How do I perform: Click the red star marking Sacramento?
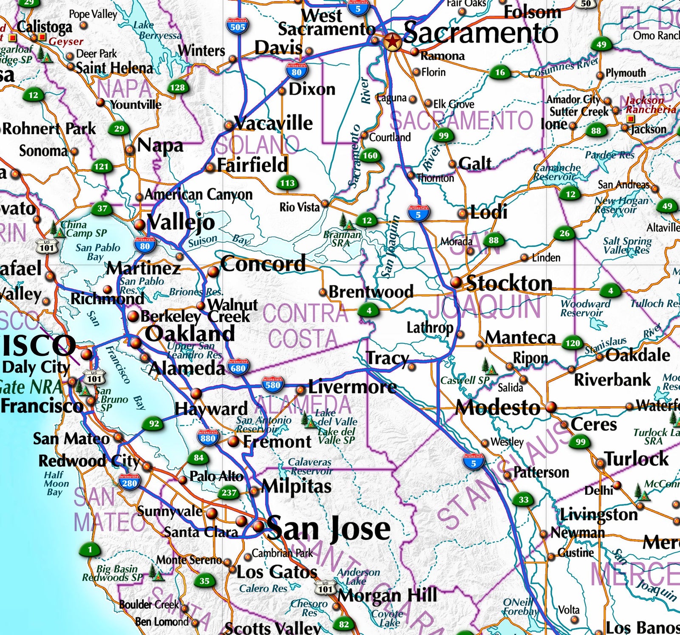392,42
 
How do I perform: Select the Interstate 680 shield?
238,368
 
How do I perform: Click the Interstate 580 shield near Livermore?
272,385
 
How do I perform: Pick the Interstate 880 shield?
208,437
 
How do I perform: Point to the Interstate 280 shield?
129,482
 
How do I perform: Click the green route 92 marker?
154,424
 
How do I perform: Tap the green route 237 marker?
229,493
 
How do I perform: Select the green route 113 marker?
287,183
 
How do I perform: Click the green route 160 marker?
370,156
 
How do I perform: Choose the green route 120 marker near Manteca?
572,343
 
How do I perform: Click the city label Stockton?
509,283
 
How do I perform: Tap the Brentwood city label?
371,292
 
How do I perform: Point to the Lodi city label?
489,212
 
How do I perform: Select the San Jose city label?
328,528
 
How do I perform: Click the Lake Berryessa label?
157,31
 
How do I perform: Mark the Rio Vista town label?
299,207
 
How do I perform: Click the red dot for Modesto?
551,407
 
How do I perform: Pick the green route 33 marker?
524,500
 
